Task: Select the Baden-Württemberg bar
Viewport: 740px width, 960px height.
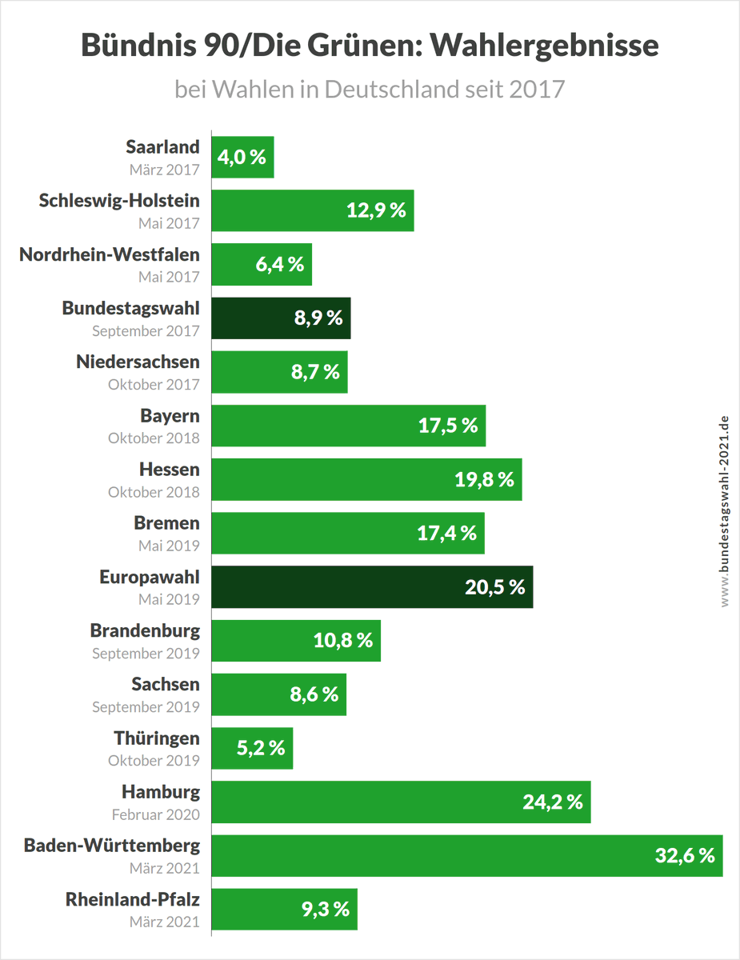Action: tap(466, 855)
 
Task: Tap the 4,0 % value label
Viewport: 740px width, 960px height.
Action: tap(242, 157)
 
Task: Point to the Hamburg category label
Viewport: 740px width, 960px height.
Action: tap(161, 792)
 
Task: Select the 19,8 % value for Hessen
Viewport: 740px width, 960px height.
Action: tap(484, 479)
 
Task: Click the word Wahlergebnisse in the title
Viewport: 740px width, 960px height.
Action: tap(545, 46)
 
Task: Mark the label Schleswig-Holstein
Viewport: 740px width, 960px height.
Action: tap(119, 201)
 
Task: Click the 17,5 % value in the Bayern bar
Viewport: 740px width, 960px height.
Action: tap(448, 426)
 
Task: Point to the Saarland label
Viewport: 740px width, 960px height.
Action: tap(162, 147)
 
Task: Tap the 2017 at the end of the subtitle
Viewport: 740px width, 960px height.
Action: tap(536, 89)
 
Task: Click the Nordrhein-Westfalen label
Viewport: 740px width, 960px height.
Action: tap(110, 254)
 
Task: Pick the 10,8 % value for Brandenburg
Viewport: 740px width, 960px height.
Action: tap(342, 640)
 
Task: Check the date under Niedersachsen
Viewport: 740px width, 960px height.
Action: tap(154, 384)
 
